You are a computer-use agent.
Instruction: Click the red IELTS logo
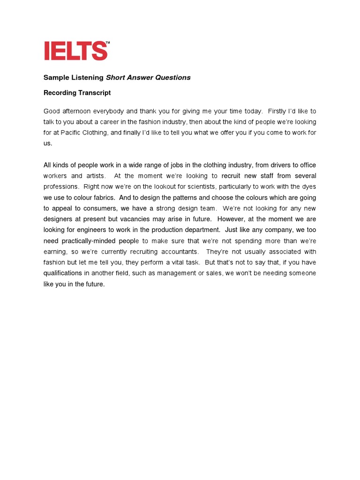pyautogui.click(x=75, y=51)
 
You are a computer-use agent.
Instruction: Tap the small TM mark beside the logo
pyautogui.click(x=108, y=43)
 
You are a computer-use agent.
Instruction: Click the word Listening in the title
pyautogui.click(x=88, y=78)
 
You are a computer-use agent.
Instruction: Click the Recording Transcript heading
pyautogui.click(x=77, y=93)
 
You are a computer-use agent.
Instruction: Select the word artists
pyautogui.click(x=96, y=176)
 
